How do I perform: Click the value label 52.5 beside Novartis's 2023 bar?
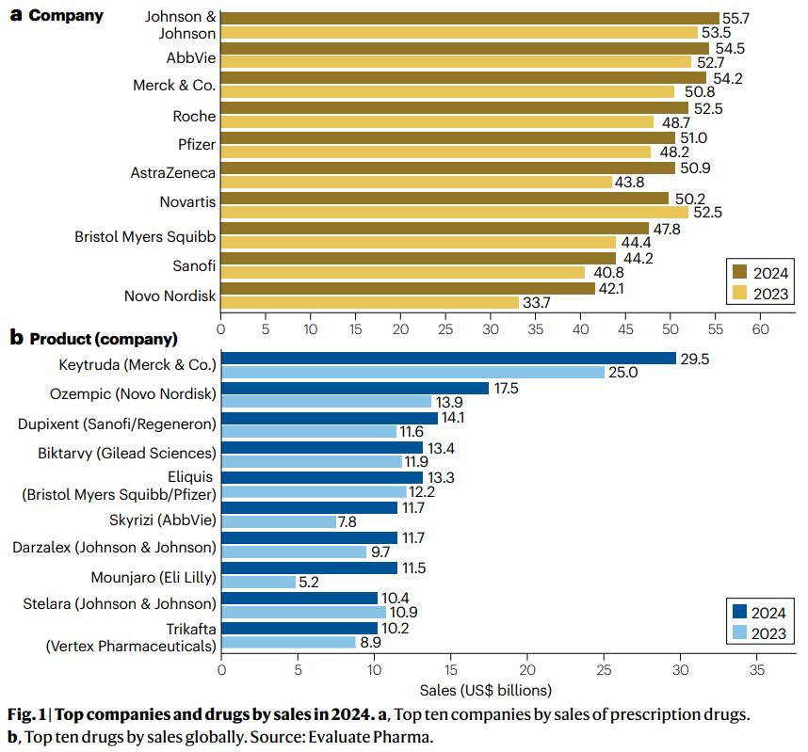pyautogui.click(x=707, y=212)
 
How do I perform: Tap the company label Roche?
pyautogui.click(x=194, y=117)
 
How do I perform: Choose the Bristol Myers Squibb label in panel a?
pyautogui.click(x=145, y=237)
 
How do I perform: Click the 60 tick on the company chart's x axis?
pyautogui.click(x=759, y=329)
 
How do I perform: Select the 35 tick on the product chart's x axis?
pyautogui.click(x=755, y=671)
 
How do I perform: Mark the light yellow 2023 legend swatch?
pyautogui.click(x=740, y=296)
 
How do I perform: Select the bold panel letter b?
pyautogui.click(x=15, y=337)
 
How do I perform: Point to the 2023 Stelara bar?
pyautogui.click(x=303, y=612)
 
